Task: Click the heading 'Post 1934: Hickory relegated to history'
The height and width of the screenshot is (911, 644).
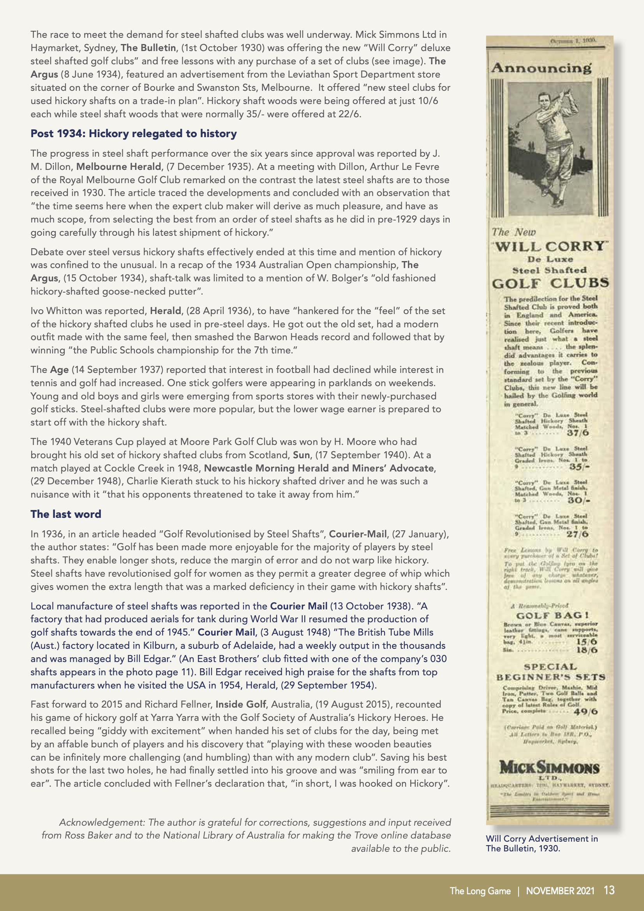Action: pyautogui.click(x=133, y=134)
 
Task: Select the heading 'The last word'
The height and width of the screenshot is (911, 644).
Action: pyautogui.click(x=66, y=514)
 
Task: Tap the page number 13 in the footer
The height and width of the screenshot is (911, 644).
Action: pyautogui.click(x=609, y=890)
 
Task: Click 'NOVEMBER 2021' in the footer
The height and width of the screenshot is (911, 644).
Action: pyautogui.click(x=560, y=891)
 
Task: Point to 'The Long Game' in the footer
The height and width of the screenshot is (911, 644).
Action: pyautogui.click(x=480, y=891)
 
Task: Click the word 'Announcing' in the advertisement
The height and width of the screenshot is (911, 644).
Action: pyautogui.click(x=541, y=68)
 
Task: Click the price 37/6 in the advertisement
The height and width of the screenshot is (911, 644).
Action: pyautogui.click(x=578, y=433)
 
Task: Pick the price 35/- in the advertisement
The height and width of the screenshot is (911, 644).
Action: pyautogui.click(x=579, y=467)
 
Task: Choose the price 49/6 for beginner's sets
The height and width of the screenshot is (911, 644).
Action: pyautogui.click(x=585, y=711)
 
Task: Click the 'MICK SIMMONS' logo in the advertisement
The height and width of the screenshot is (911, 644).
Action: pyautogui.click(x=549, y=767)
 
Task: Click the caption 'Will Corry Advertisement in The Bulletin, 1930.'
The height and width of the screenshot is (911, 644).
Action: pyautogui.click(x=542, y=843)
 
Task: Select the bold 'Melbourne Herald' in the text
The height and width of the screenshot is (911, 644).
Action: pyautogui.click(x=119, y=167)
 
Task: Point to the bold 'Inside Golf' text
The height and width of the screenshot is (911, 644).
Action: pyautogui.click(x=240, y=704)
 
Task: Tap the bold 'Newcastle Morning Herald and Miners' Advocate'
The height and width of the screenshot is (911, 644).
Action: pyautogui.click(x=319, y=468)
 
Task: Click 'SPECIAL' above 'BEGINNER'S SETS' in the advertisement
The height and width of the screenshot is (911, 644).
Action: pyautogui.click(x=550, y=667)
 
